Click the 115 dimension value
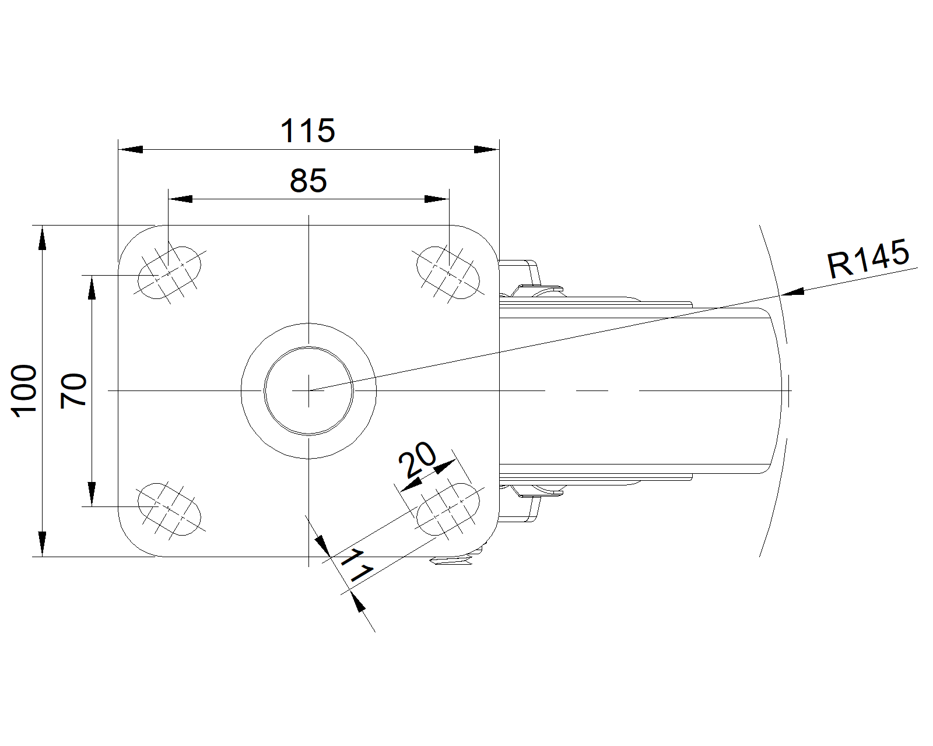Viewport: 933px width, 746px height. coord(308,131)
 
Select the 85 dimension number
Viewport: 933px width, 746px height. coord(308,181)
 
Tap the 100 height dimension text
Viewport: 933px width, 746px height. coord(24,391)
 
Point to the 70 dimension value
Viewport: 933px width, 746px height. coord(73,390)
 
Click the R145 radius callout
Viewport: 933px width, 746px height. coord(868,258)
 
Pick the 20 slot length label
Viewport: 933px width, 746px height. coord(418,459)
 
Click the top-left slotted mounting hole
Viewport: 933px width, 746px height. coord(170,273)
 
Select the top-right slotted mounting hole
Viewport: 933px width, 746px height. coord(448,273)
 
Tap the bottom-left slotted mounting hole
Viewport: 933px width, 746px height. coord(170,509)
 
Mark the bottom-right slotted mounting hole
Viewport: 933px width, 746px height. coord(448,509)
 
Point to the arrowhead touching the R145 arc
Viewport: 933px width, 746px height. coord(792,292)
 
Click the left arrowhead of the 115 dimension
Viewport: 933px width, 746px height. coord(131,150)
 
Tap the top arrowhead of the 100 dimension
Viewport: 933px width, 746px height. coord(42,238)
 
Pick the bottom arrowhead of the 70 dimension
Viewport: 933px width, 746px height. coord(92,494)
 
